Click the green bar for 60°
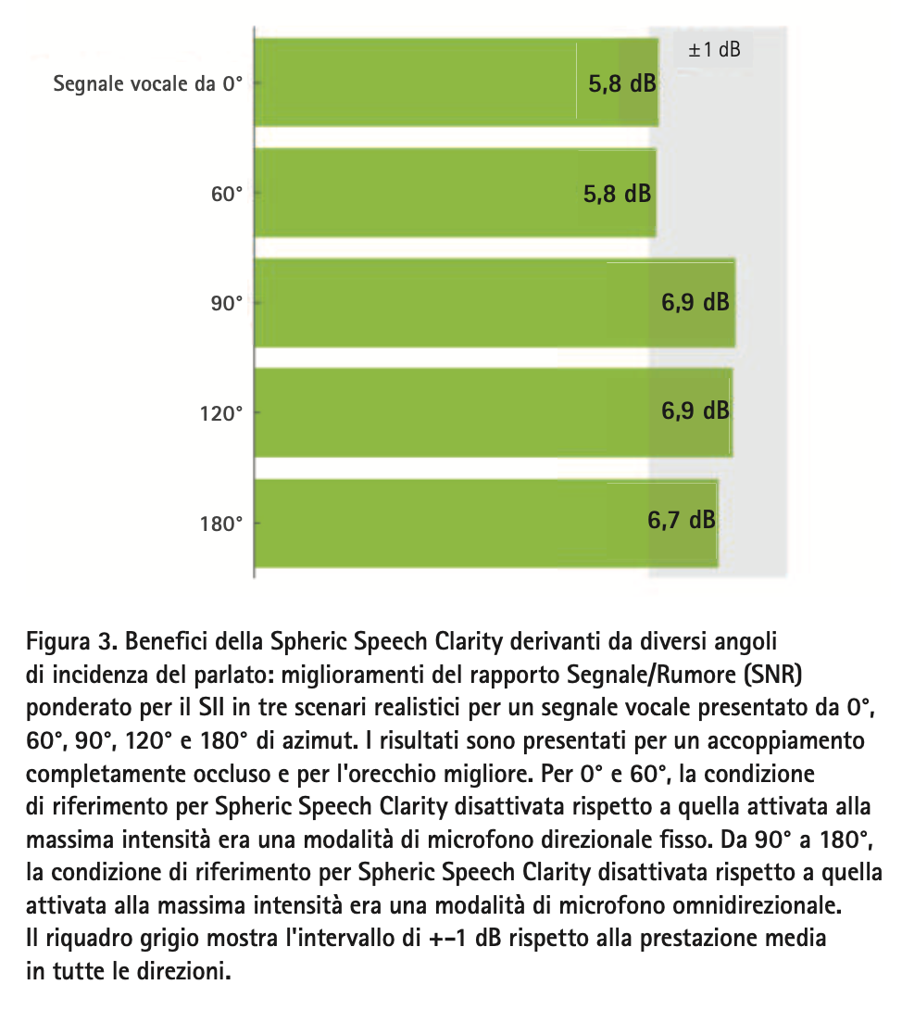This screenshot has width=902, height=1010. click(454, 193)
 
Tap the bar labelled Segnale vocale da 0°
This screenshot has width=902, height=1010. click(454, 82)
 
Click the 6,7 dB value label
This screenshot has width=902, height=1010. click(681, 521)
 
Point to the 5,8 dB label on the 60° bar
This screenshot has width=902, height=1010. click(617, 194)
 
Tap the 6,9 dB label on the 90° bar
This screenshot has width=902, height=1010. click(695, 303)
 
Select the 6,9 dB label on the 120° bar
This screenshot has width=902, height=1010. click(695, 410)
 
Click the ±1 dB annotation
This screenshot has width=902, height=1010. click(714, 50)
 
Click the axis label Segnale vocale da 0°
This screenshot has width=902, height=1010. click(147, 84)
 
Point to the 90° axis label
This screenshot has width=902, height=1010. click(227, 304)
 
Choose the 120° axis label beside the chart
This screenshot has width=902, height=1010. click(222, 413)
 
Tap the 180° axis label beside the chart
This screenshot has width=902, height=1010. click(222, 524)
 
